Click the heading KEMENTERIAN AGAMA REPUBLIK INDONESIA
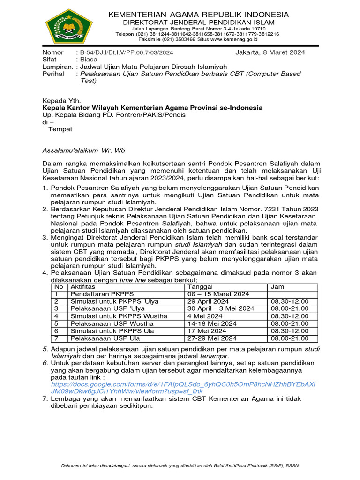(199, 15)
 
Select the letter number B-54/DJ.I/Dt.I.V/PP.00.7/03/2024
(127, 52)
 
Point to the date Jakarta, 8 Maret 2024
(270, 52)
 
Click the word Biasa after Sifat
(89, 60)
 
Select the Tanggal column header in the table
(200, 286)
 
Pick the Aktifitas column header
(82, 286)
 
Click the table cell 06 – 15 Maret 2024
(218, 294)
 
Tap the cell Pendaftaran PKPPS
(102, 294)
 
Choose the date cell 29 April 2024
(208, 301)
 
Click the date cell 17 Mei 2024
(206, 331)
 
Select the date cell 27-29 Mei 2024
(212, 338)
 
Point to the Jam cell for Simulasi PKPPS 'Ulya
(289, 301)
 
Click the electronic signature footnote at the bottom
(180, 465)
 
